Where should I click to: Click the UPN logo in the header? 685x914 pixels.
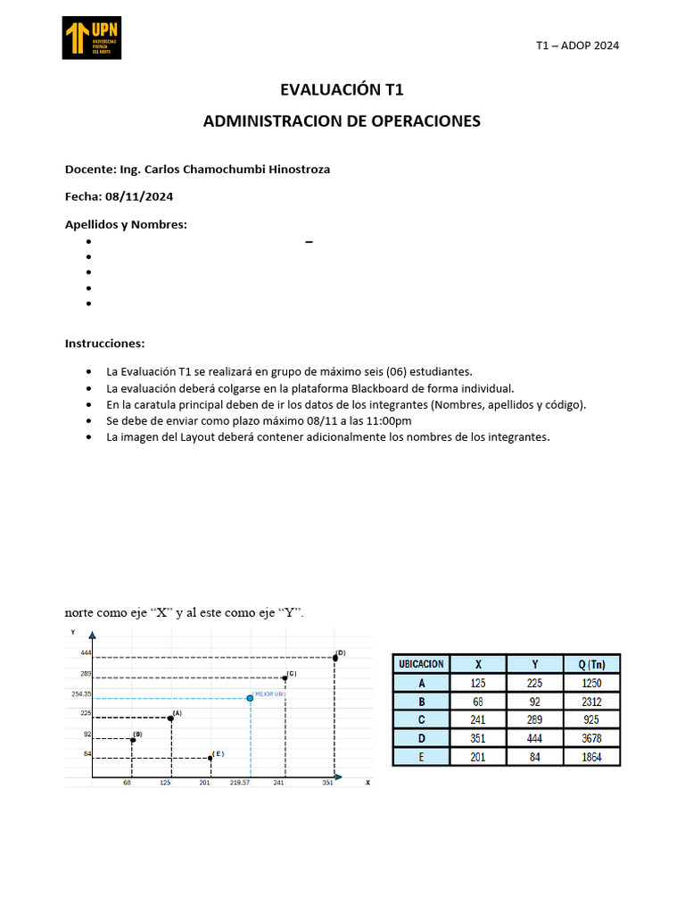tap(91, 37)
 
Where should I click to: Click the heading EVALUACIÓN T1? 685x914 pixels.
tap(342, 89)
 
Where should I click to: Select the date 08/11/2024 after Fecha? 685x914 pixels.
tap(139, 196)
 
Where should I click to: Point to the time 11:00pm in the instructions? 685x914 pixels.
tap(386, 420)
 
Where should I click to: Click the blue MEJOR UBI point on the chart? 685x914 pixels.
tap(250, 697)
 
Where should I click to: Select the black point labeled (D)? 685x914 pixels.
tap(334, 658)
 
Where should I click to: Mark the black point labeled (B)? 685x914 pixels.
tap(132, 739)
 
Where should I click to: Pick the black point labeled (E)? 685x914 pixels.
tap(210, 758)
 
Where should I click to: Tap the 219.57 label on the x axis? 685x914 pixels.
tap(240, 783)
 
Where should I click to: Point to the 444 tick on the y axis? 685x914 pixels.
tap(86, 653)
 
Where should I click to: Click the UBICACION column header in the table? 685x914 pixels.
tap(421, 664)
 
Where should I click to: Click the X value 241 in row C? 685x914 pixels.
tap(478, 719)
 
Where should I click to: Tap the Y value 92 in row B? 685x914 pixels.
tap(534, 702)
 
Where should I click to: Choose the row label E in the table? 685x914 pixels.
tap(421, 757)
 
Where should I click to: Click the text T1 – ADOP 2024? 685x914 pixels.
tap(577, 46)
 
